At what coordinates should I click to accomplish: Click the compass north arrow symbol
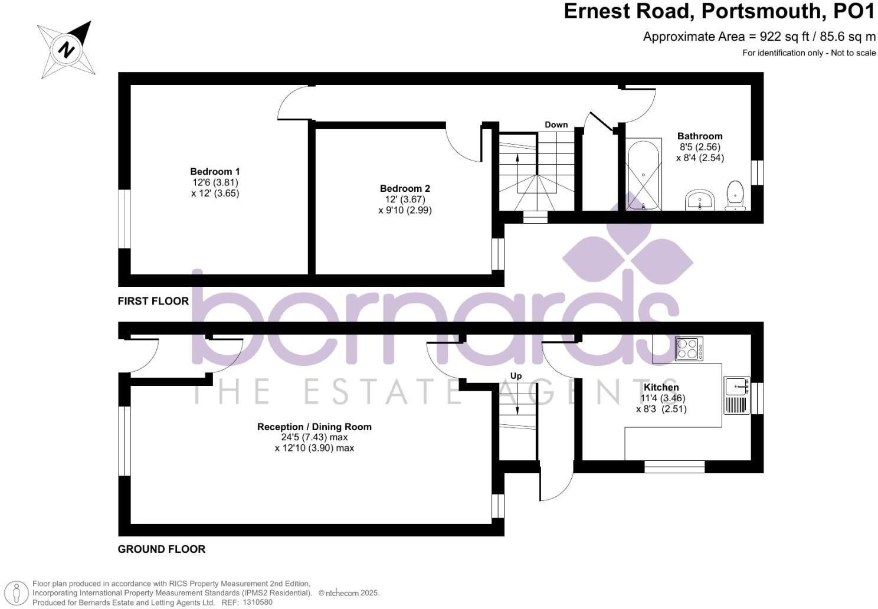tap(66, 50)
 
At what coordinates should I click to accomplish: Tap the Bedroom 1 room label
tap(215, 172)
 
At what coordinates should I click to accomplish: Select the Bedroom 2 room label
tap(405, 188)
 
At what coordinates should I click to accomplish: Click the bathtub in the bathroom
tap(643, 174)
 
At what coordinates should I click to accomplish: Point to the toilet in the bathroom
tap(735, 195)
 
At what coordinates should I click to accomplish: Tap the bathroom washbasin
tap(700, 200)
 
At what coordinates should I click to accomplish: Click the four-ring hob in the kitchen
tap(689, 349)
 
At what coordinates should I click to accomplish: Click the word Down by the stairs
tap(556, 125)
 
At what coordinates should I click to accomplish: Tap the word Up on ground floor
tap(516, 376)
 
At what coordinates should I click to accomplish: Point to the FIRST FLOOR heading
tap(153, 301)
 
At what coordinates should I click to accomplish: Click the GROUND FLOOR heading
tap(162, 549)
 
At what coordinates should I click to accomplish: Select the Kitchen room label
tap(661, 387)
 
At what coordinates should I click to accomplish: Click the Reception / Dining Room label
tap(314, 427)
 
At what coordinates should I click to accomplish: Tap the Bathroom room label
tap(700, 136)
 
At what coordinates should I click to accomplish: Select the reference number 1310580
tap(257, 602)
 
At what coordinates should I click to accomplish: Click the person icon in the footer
tap(17, 593)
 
